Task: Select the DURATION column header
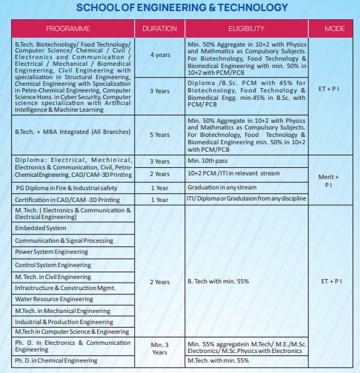[x=159, y=28]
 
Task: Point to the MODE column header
[x=330, y=28]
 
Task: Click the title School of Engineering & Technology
[x=180, y=7]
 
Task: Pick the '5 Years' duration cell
[x=159, y=135]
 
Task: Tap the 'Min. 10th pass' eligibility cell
[x=210, y=161]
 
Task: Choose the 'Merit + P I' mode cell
[x=330, y=180]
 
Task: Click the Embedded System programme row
[x=41, y=229]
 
